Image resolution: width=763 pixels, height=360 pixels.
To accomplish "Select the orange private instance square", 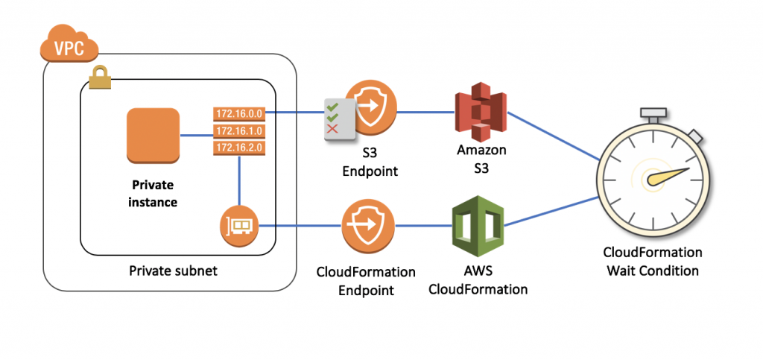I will (153, 135).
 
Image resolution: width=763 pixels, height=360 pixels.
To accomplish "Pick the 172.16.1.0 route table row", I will (238, 130).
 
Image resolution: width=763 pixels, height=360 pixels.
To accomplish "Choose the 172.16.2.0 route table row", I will (238, 148).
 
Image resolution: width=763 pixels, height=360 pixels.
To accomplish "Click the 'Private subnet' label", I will (174, 271).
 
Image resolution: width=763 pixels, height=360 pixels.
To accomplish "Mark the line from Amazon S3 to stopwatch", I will (555, 135).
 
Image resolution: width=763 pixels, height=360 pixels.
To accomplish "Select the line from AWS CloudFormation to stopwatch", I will (551, 211).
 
